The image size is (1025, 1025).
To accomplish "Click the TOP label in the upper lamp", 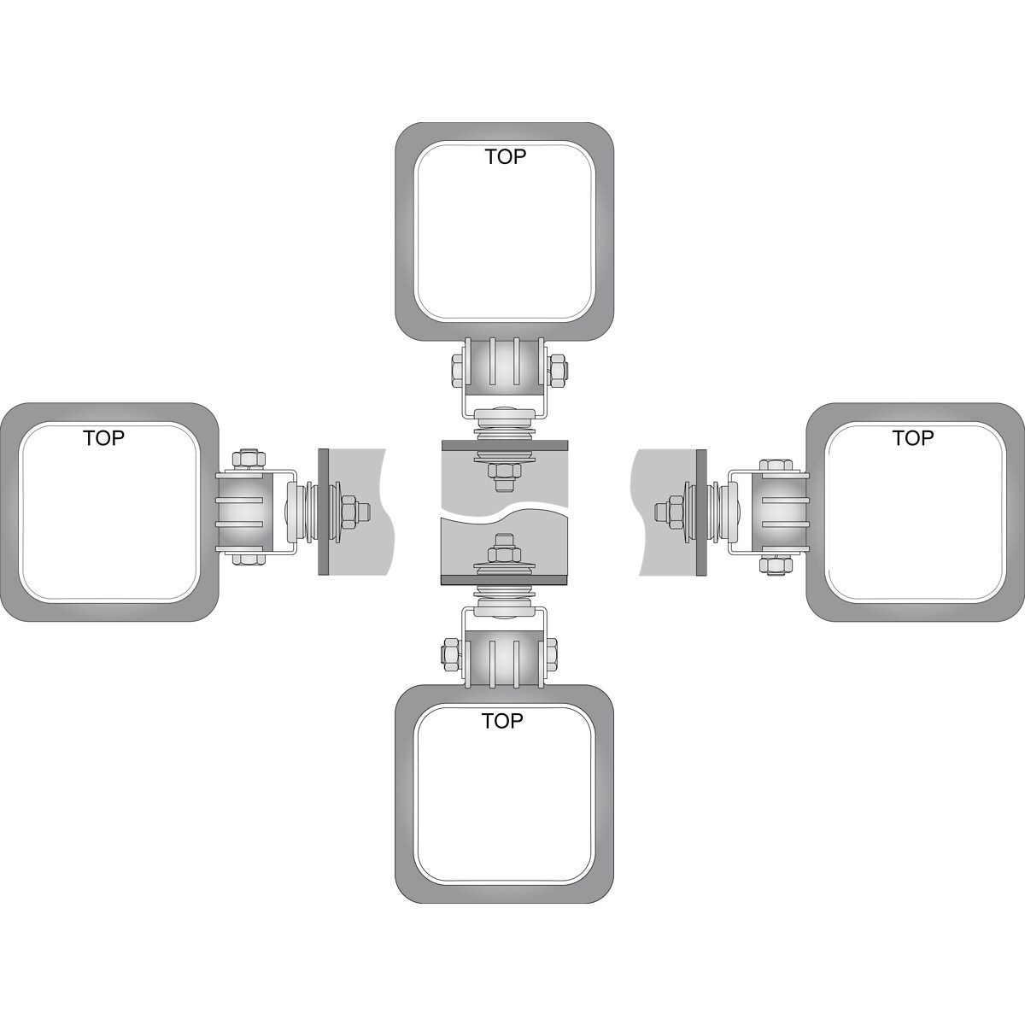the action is point(506,157).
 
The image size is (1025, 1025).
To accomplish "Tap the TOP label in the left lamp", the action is point(103,438).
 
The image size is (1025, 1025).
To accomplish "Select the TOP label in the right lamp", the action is point(913,438).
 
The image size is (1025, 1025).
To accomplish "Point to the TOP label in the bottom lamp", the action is point(502,721).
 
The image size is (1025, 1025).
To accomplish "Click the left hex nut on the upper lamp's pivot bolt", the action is point(457,370).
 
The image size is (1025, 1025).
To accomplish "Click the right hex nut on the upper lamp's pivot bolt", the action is point(557,370).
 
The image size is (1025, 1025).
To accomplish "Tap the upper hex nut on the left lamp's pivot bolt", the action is point(249,459).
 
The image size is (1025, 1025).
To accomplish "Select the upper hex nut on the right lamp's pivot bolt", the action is point(776,465).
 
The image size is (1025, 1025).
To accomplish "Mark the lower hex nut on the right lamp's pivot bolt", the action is point(776,565).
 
